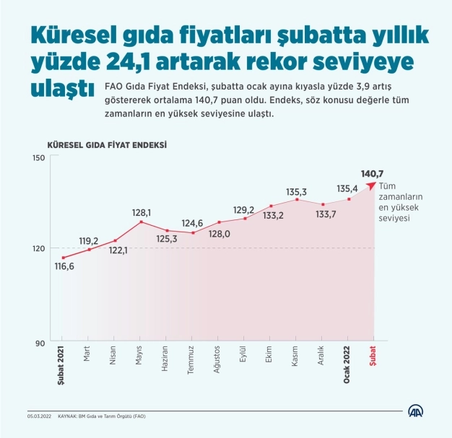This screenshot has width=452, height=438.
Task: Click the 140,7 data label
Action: [373, 173]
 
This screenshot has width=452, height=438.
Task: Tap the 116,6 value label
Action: [63, 266]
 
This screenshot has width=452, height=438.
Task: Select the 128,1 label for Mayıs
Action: [141, 213]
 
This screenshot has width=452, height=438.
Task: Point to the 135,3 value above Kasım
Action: [297, 192]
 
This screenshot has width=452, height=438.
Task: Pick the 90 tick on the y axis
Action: [40, 342]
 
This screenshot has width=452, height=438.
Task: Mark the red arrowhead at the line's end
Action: [372, 185]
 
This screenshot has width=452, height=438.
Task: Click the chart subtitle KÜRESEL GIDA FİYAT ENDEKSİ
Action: [107, 144]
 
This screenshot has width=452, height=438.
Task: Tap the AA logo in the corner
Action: [416, 412]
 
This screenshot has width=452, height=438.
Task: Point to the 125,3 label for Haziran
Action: [167, 237]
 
